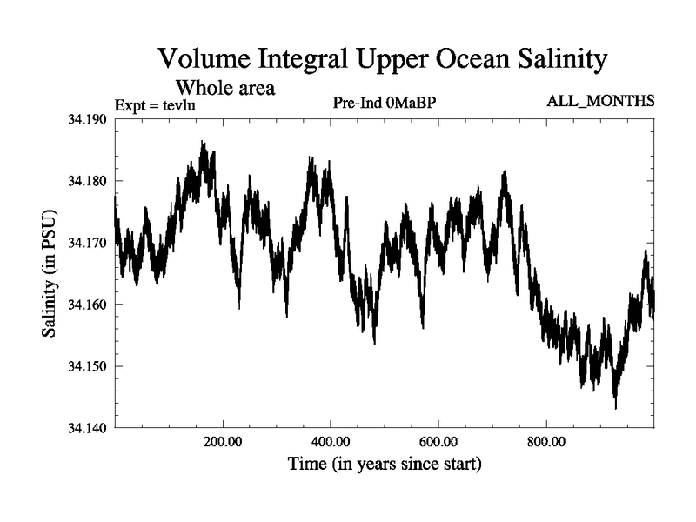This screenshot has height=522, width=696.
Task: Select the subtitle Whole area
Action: [x=225, y=87]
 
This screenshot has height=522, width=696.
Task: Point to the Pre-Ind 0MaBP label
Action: [x=384, y=103]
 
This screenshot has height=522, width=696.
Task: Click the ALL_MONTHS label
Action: [x=600, y=102]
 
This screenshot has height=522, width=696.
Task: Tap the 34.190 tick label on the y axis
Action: [x=87, y=119]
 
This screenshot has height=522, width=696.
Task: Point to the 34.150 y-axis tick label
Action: [x=87, y=366]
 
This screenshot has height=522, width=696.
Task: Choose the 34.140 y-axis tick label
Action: [x=87, y=427]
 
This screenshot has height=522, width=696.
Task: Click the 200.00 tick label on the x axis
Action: [x=223, y=442]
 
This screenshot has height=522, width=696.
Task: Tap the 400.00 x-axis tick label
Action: [x=331, y=442]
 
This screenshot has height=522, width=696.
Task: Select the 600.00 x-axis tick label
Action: [x=438, y=442]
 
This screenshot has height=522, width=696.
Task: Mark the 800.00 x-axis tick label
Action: [x=546, y=442]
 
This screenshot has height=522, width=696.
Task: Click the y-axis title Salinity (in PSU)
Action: [x=50, y=273]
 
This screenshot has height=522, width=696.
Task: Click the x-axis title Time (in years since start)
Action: [x=385, y=465]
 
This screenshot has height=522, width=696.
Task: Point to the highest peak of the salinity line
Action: [x=203, y=142]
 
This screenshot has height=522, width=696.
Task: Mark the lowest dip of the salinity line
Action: [x=615, y=407]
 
